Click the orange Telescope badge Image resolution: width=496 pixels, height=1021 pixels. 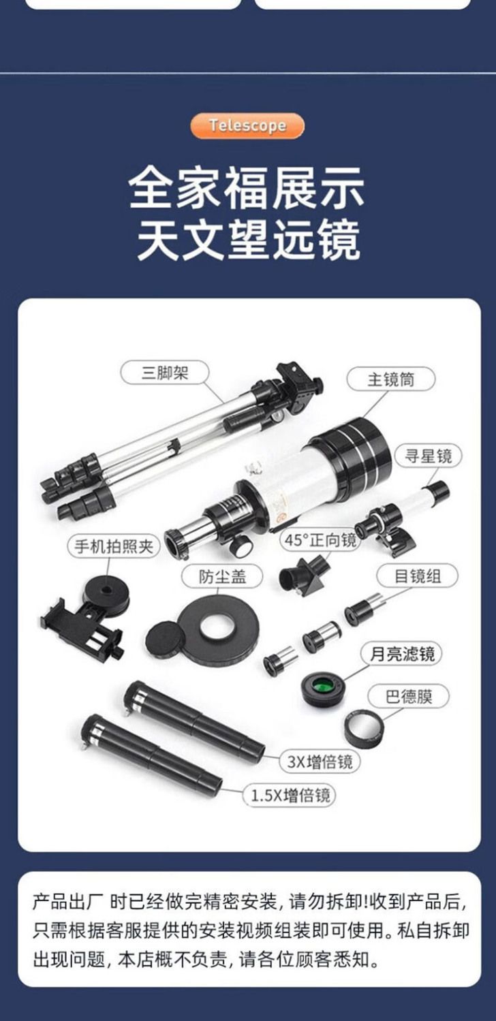pos(247,125)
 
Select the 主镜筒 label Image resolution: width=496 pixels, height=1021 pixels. pos(390,379)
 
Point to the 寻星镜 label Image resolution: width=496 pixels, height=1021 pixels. pos(428,456)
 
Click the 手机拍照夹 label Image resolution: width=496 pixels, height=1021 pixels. pos(114,546)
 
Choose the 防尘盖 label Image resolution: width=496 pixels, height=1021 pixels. pos(222,577)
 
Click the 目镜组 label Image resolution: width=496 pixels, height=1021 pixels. pos(417,576)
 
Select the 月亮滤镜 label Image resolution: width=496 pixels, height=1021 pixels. pos(401,654)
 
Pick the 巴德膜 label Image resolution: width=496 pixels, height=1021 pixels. pos(409,697)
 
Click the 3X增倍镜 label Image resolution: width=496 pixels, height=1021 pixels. pos(320,762)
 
